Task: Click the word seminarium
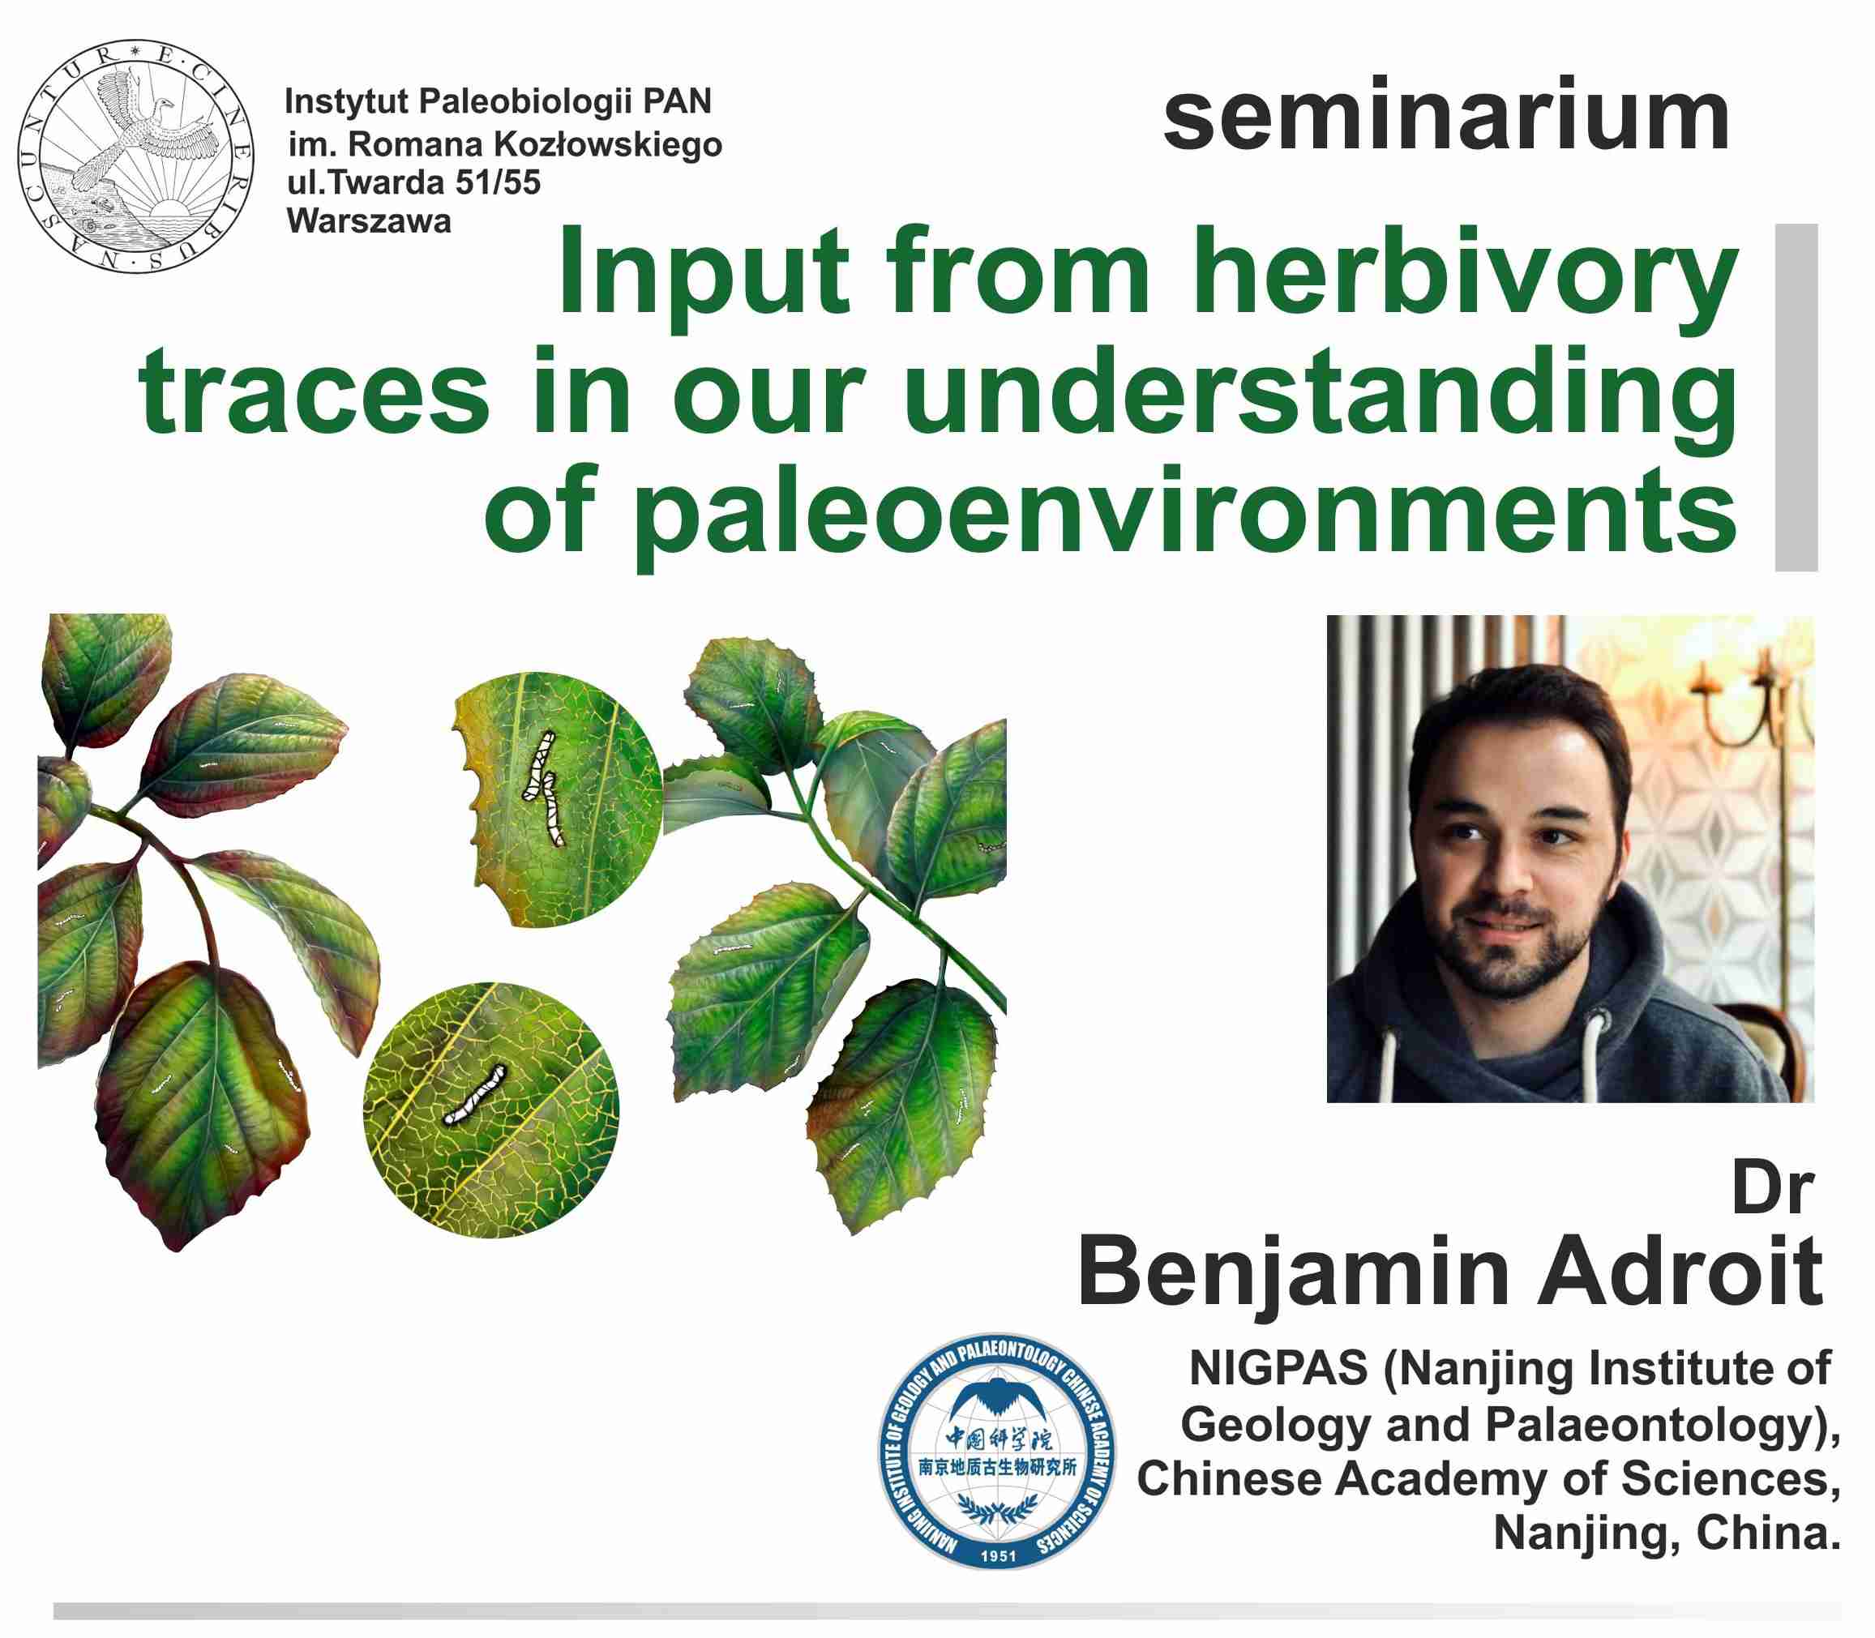tap(1446, 117)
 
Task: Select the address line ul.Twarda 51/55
tap(414, 183)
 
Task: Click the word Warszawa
tap(370, 221)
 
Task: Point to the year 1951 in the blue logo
tap(996, 1555)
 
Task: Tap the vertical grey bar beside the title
tap(1796, 398)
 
